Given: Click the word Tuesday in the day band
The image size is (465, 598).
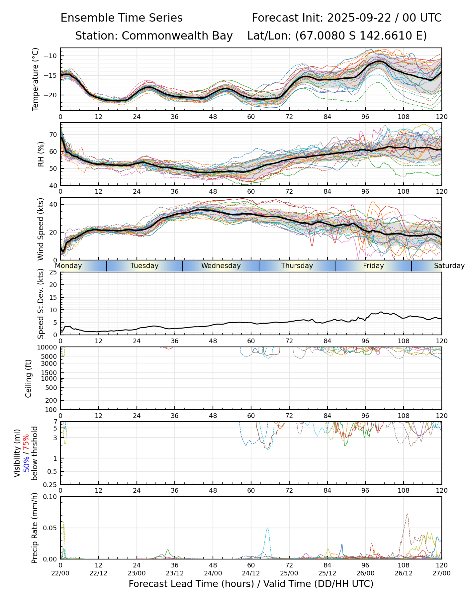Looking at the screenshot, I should (144, 266).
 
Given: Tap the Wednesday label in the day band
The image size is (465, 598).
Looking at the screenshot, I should (221, 266).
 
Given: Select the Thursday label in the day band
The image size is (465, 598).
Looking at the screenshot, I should (297, 266).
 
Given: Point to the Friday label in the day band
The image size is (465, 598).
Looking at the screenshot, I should (373, 266).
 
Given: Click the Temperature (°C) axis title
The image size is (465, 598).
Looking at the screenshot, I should (36, 79).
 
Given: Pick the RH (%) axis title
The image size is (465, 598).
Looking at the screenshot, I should (41, 154).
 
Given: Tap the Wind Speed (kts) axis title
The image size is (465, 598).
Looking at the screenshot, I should (41, 229).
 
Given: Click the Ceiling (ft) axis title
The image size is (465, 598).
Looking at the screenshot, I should (29, 378).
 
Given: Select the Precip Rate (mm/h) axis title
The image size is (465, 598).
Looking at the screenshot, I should (35, 528).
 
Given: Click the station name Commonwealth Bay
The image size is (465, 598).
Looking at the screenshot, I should (177, 36).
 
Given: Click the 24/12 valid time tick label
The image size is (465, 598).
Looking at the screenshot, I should (251, 574).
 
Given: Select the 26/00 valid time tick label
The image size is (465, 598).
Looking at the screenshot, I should (365, 574).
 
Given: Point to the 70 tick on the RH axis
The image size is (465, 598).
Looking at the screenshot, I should (53, 135).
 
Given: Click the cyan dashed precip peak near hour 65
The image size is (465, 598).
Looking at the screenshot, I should (267, 528).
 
